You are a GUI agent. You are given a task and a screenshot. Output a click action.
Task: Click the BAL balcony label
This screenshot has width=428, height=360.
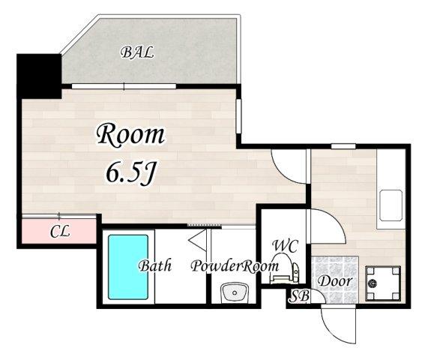coord(137,52)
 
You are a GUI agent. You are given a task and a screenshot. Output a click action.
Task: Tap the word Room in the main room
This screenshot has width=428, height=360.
coord(130,134)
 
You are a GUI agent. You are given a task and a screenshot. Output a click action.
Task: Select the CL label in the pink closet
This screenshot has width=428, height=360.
coord(60,232)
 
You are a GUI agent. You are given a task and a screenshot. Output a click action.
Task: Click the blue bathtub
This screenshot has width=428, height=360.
coord(128,268)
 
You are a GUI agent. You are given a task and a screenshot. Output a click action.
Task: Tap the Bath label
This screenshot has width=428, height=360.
coord(155,265)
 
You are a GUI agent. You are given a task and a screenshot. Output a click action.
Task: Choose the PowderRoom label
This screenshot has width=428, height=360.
coord(235,266)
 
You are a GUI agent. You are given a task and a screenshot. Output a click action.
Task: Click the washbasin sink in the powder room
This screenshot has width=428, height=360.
coord(234,293)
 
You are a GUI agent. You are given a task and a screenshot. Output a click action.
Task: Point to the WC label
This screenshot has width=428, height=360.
coord(286,246)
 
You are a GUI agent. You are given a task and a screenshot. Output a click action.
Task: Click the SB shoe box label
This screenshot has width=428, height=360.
coord(299,296)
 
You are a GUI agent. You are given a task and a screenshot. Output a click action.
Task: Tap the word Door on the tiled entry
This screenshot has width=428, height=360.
coord(335,281)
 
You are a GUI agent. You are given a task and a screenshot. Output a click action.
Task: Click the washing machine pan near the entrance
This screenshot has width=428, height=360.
coord(383,283)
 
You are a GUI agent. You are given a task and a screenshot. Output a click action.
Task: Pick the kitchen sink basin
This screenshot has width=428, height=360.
coord(391,205)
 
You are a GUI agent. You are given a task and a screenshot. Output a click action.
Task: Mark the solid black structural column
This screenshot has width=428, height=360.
coord(39,76)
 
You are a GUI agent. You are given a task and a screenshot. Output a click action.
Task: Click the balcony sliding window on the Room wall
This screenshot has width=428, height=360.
coord(124,86)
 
